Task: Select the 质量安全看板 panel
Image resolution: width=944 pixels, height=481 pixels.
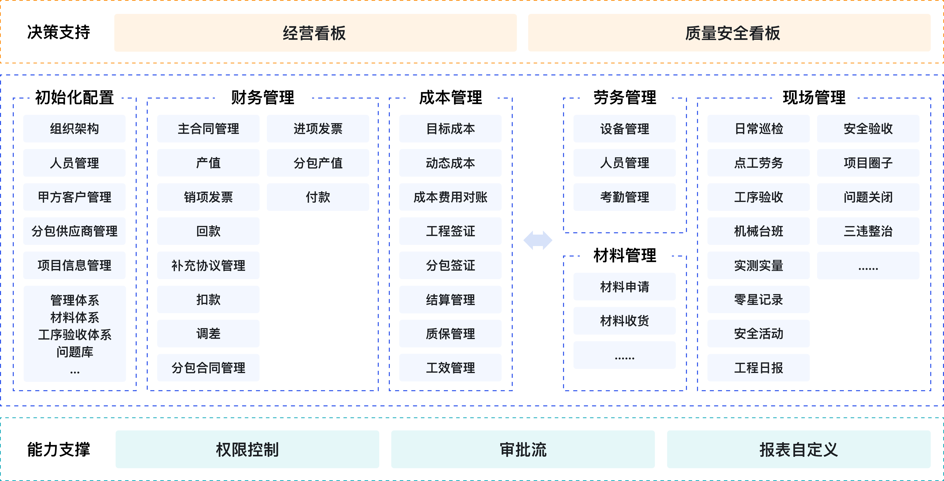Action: [x=729, y=33]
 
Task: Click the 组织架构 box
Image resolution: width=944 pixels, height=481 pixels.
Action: [x=74, y=129]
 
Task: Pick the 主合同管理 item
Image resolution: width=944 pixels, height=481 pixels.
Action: [x=208, y=129]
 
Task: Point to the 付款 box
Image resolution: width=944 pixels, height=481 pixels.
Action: [x=318, y=197]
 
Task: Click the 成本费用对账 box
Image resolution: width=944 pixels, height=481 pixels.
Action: [x=450, y=197]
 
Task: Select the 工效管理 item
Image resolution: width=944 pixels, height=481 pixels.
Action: [x=450, y=367]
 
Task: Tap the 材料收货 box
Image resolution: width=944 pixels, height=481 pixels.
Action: [x=624, y=321]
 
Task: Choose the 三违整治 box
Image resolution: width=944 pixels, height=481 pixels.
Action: [x=868, y=231]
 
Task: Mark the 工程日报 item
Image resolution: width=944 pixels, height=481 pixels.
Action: [x=758, y=367]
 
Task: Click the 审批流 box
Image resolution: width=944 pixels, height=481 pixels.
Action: [x=523, y=449]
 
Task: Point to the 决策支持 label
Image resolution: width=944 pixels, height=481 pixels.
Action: [x=59, y=32]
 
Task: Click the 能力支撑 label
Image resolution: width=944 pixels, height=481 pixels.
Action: [x=59, y=449]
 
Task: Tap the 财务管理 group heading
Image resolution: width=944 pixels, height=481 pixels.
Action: [x=263, y=97]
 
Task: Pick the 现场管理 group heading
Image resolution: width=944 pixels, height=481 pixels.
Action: [x=814, y=97]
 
